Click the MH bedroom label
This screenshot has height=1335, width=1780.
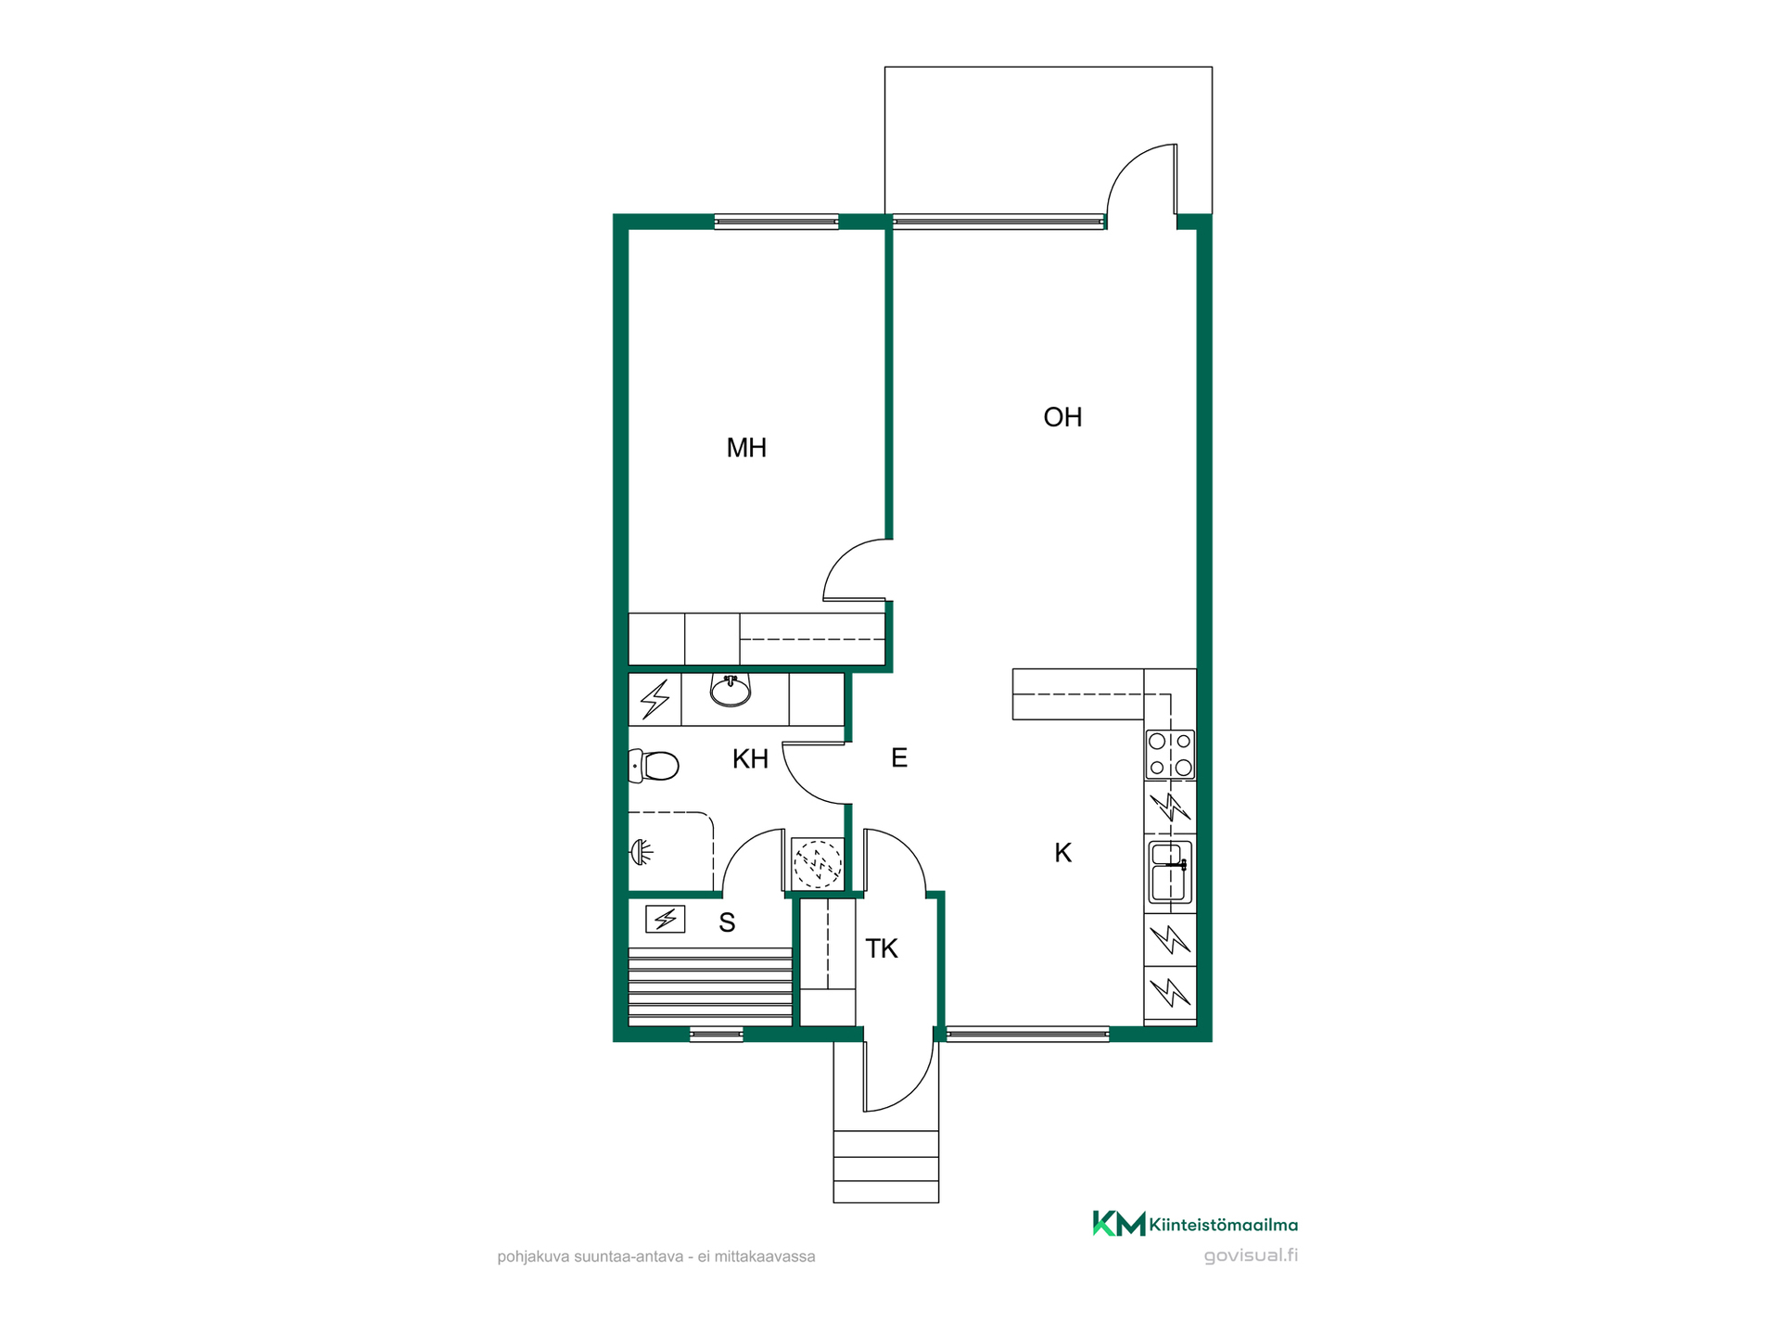pos(746,448)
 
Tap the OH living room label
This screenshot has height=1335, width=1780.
pos(1062,417)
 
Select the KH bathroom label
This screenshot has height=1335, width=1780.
pos(750,759)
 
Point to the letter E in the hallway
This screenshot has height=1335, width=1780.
pos(898,758)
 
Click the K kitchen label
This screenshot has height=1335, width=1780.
pos(1063,853)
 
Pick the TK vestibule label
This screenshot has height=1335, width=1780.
pos(882,948)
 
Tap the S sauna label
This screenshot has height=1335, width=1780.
pos(727,922)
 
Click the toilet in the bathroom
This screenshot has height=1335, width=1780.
pos(655,766)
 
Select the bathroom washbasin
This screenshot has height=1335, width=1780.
pos(731,690)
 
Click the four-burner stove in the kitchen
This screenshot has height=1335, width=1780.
pos(1170,755)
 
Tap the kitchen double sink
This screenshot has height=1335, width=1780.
pos(1170,871)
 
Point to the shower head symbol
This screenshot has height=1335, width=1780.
pos(642,851)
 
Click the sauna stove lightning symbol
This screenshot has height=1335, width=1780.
pos(665,919)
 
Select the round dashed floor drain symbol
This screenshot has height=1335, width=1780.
pos(818,863)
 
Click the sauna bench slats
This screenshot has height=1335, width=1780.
pos(710,986)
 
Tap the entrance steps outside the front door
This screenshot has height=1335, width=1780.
pos(886,1166)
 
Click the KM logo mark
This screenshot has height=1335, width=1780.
pos(1119,1224)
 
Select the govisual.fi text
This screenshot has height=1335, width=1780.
pos(1251,1256)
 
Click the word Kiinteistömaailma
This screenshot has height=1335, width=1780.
pos(1224,1225)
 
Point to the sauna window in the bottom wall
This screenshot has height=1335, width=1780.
pos(717,1035)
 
